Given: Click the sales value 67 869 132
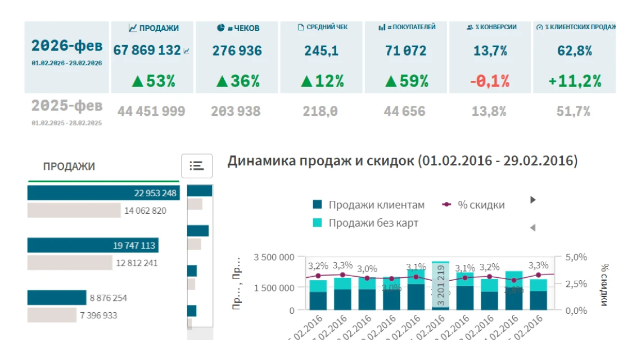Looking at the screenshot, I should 147,51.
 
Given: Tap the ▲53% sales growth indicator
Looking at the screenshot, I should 153,81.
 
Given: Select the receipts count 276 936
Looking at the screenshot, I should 237,51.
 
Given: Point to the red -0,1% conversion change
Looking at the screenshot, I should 490,81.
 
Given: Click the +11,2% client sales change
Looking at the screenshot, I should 574,81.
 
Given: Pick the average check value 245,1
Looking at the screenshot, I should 321,51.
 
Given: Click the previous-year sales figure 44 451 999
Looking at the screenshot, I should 151,111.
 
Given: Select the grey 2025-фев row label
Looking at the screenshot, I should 67,106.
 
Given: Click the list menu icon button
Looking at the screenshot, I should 197,165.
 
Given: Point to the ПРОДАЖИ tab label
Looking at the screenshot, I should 69,166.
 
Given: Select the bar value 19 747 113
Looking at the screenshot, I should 134,245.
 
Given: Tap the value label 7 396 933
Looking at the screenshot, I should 98,315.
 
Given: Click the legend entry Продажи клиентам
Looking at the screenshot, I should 377,205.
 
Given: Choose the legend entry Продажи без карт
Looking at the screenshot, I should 373,223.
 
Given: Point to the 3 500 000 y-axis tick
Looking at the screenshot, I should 274,257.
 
